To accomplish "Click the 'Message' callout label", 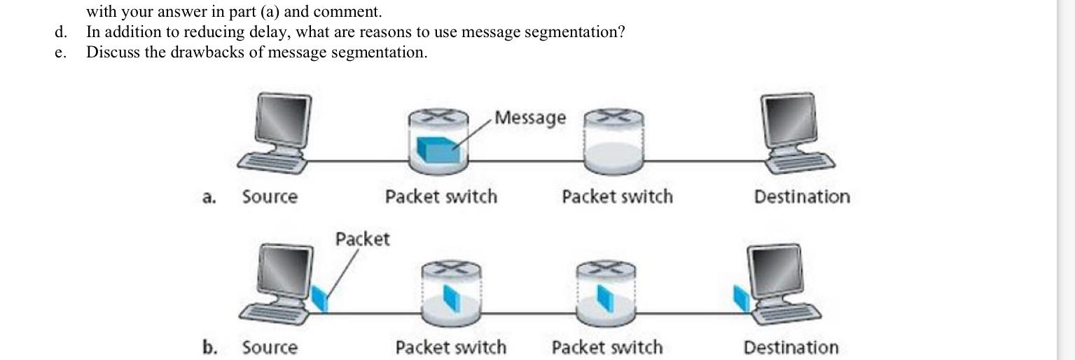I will (530, 118).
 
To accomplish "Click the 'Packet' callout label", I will (362, 239).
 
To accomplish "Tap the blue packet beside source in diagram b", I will (319, 299).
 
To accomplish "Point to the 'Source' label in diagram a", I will (270, 197).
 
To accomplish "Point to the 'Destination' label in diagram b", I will (791, 347).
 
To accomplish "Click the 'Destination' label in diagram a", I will (802, 197).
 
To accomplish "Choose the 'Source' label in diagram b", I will (270, 347).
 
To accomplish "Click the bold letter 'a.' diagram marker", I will (209, 198).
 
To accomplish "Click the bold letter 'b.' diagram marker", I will (209, 347).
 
